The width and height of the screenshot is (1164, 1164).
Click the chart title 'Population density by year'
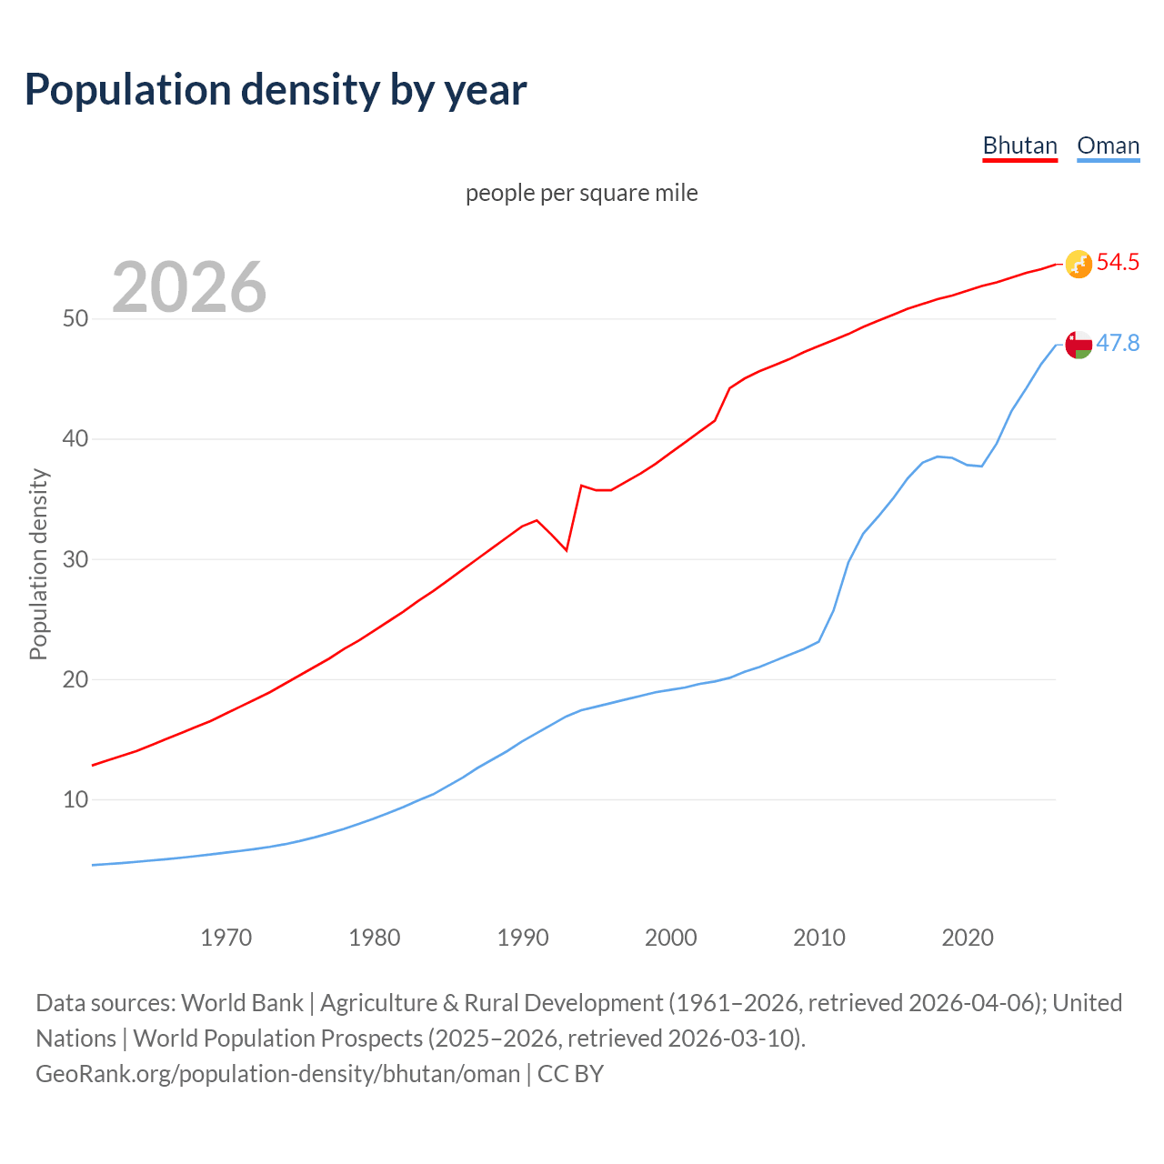click(x=276, y=90)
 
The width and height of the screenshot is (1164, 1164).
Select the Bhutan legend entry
click(x=1019, y=145)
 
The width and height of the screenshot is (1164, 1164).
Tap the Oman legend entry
click(x=1108, y=145)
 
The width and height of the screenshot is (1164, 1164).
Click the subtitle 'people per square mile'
click(x=581, y=193)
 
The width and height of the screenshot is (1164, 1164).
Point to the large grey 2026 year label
click(x=189, y=287)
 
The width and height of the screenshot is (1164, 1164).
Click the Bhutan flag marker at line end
click(x=1079, y=264)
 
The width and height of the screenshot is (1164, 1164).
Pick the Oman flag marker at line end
click(x=1079, y=345)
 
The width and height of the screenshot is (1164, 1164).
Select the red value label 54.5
click(x=1118, y=263)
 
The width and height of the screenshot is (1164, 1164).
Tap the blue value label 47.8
click(x=1118, y=344)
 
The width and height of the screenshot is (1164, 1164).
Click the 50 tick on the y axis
click(x=75, y=319)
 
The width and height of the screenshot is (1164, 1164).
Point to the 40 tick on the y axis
click(x=75, y=439)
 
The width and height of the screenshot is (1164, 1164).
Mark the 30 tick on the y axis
click(x=75, y=559)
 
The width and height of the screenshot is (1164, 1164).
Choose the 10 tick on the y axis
click(x=75, y=800)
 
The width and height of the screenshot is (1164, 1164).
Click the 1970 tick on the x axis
click(x=226, y=938)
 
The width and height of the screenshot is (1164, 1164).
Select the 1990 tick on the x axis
click(x=523, y=938)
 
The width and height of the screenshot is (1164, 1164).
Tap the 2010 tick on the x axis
click(x=819, y=938)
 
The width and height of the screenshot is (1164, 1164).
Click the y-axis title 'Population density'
click(x=38, y=564)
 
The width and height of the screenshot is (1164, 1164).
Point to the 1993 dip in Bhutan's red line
click(x=566, y=550)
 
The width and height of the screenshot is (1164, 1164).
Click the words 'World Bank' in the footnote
click(x=242, y=1003)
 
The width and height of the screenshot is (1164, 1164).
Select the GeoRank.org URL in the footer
click(x=277, y=1074)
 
